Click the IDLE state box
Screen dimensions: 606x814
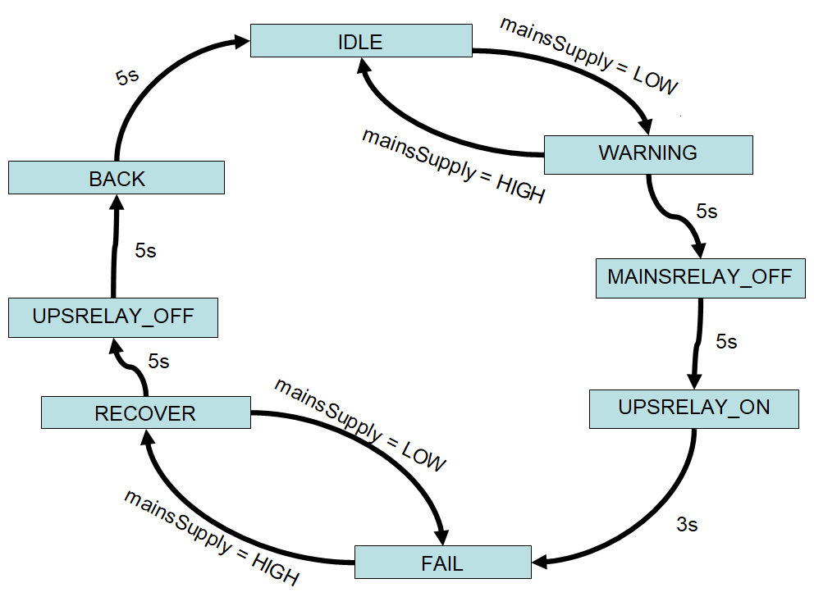[361, 40]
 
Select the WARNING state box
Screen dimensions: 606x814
[648, 154]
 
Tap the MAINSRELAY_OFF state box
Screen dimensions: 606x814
[700, 278]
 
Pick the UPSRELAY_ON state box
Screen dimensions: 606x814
[694, 408]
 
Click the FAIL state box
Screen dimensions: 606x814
[442, 563]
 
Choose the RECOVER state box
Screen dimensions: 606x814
[146, 412]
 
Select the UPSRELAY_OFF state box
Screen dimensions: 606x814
[113, 317]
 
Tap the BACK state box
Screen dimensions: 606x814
[117, 178]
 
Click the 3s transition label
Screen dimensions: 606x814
[687, 524]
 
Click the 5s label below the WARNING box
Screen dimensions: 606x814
[707, 212]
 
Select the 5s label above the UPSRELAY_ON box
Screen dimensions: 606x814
[726, 341]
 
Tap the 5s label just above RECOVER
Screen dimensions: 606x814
[158, 361]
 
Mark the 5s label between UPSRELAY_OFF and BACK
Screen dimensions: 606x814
[145, 251]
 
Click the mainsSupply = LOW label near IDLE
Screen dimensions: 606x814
[589, 55]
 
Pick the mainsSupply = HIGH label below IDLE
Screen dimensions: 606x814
[453, 165]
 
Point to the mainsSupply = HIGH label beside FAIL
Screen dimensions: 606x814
[211, 538]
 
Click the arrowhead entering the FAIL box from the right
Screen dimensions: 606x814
[542, 563]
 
